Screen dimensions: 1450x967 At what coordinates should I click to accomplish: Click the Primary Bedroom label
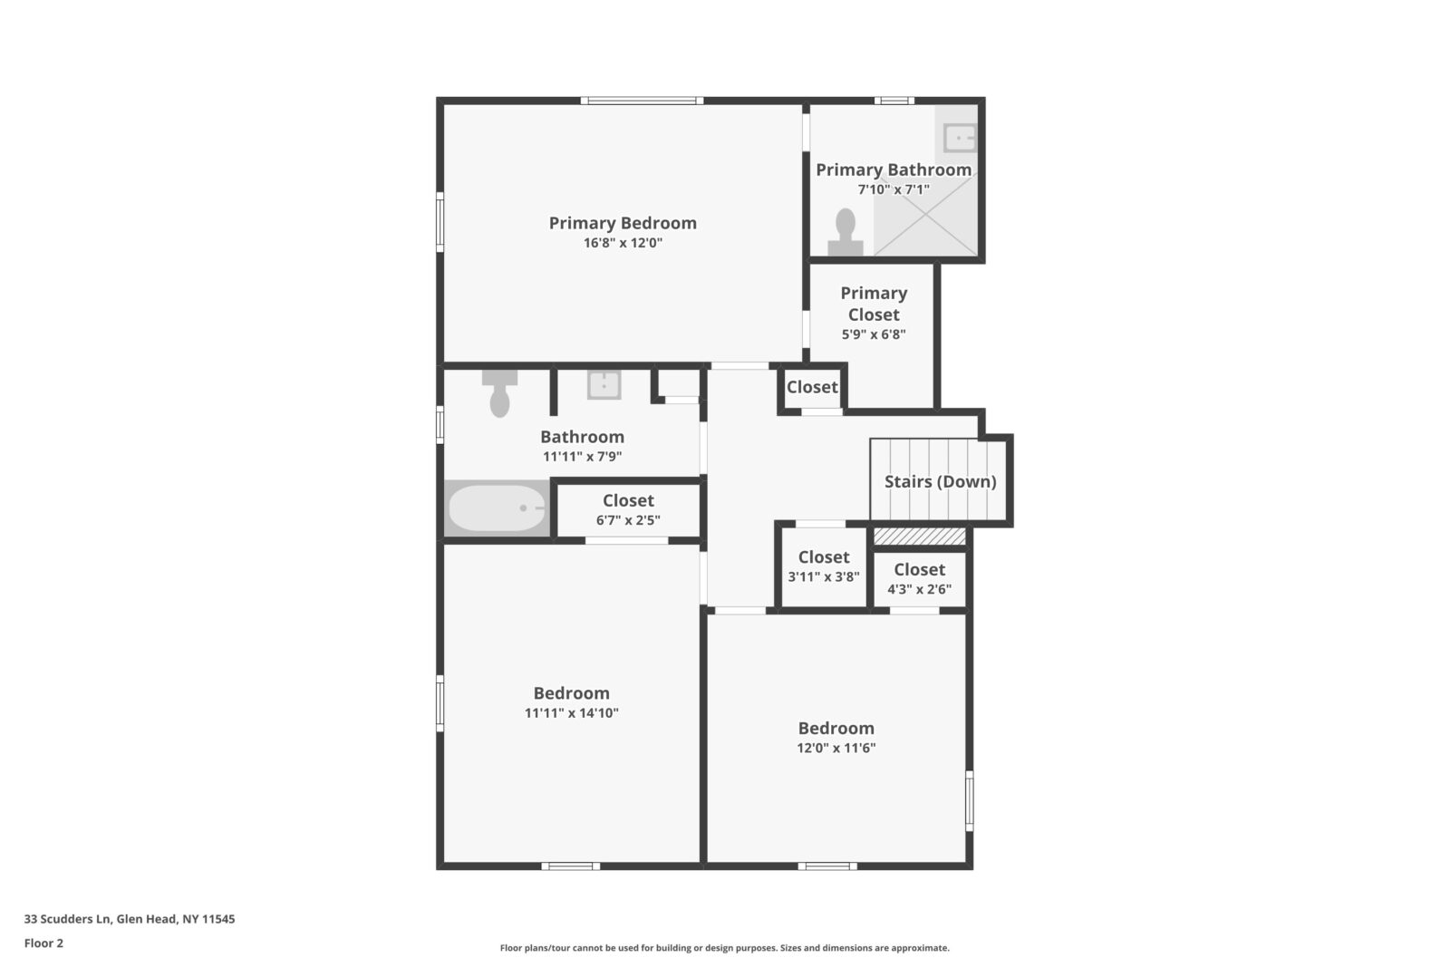623,223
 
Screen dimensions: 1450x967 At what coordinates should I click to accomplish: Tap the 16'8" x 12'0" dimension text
623,244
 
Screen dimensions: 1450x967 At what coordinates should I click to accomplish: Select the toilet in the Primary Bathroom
846,232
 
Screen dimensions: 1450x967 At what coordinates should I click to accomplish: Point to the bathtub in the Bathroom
498,508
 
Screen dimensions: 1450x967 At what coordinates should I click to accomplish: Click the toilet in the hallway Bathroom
499,393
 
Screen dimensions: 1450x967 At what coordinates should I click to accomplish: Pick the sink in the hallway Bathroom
604,385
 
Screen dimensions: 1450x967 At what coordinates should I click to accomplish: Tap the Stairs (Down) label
941,481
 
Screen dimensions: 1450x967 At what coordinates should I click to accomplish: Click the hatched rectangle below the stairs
920,536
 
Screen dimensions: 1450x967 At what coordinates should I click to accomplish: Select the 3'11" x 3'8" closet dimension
824,576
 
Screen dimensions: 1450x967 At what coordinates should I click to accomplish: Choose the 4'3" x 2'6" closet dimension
919,590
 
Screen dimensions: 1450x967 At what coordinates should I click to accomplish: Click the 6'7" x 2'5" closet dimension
628,520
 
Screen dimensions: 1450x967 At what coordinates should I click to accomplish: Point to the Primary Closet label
874,305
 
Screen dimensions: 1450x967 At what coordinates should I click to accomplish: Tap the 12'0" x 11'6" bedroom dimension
836,749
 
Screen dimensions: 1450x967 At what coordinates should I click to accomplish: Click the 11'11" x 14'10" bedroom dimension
572,713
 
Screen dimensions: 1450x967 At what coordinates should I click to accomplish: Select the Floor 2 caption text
44,943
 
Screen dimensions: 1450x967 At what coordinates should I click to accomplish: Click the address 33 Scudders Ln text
69,919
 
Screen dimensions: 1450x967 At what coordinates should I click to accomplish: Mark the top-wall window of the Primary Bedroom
642,101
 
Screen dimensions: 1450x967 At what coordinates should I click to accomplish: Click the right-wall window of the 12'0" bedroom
969,800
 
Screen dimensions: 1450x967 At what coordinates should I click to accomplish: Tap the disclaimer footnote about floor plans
724,948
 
